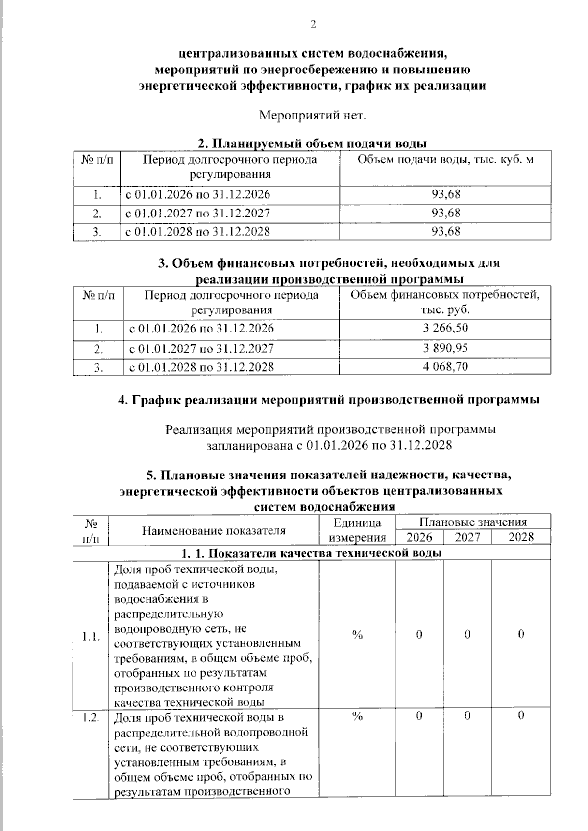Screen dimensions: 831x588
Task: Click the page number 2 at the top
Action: pos(313,24)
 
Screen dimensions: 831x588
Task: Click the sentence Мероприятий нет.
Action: pos(312,116)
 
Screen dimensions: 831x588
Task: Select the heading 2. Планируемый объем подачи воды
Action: pos(312,143)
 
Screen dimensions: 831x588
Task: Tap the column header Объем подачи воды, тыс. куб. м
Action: pos(445,160)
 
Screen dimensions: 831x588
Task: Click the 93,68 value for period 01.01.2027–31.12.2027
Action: pos(445,213)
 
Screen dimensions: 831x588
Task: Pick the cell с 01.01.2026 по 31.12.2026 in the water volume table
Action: pos(198,194)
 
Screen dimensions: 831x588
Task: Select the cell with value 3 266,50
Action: pos(445,328)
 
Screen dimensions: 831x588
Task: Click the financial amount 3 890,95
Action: pos(445,348)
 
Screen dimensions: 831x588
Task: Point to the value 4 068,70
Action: pos(445,366)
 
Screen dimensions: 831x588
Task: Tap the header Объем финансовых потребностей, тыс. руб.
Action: pos(445,302)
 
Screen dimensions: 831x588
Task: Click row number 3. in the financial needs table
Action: pos(98,367)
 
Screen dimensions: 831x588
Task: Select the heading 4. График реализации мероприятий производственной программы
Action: pos(329,400)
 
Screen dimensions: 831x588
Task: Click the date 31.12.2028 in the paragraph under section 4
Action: pos(420,445)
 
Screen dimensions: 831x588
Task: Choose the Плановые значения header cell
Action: pos(472,522)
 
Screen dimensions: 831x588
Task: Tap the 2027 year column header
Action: pos(467,537)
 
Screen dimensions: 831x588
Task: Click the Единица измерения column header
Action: pos(357,529)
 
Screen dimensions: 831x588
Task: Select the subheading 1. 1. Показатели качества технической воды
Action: pos(312,553)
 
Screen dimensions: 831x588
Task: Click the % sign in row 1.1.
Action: pos(357,635)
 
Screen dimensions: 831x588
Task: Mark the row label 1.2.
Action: pos(91,717)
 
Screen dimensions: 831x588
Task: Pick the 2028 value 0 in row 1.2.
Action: pos(521,715)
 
